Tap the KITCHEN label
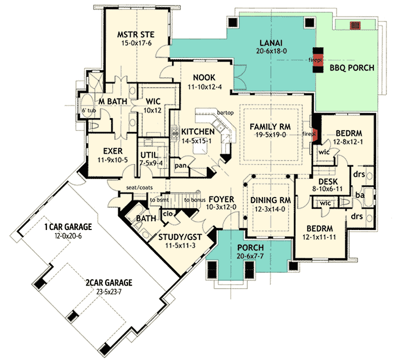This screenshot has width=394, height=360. (x=197, y=131)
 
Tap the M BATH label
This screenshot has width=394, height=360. (x=113, y=101)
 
